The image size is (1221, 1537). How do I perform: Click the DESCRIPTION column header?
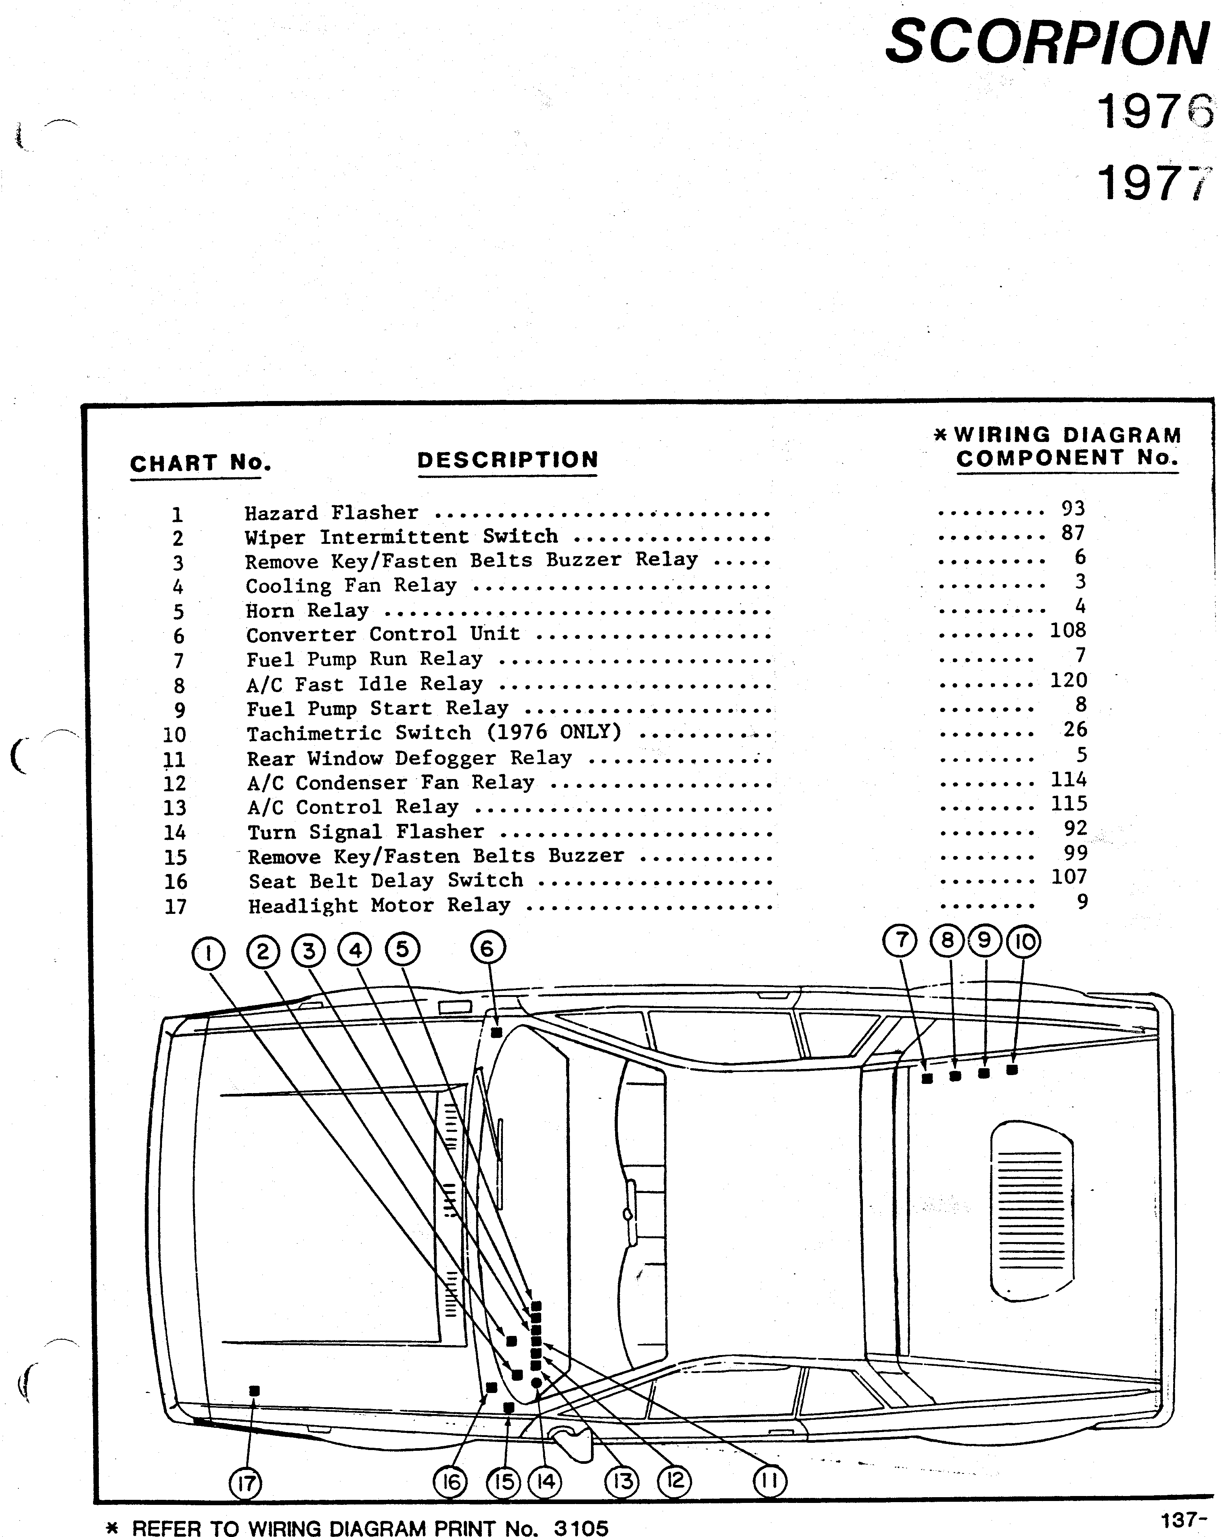tap(507, 460)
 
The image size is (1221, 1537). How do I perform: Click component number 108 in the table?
tap(1068, 630)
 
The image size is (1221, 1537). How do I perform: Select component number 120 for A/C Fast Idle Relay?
tap(1068, 680)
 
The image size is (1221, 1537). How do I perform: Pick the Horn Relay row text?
tap(307, 611)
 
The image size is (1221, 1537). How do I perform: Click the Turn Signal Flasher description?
tap(366, 832)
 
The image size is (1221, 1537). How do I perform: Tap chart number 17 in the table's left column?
tap(175, 907)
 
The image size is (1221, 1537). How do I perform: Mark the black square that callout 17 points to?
tap(254, 1391)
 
